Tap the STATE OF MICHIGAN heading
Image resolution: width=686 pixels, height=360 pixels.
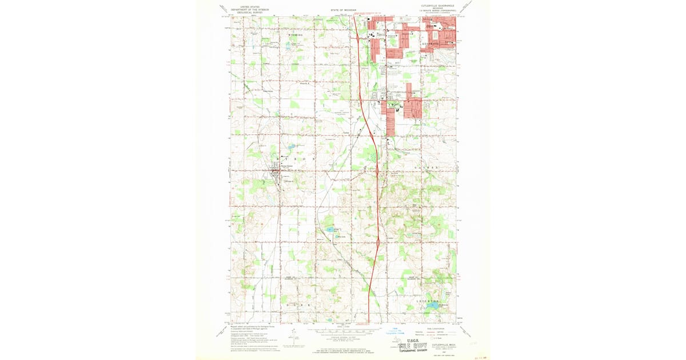coord(344,10)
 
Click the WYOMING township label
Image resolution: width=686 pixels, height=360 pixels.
coord(295,35)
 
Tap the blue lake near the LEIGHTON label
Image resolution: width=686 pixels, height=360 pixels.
coord(433,306)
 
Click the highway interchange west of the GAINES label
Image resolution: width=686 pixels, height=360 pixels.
coord(377,170)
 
